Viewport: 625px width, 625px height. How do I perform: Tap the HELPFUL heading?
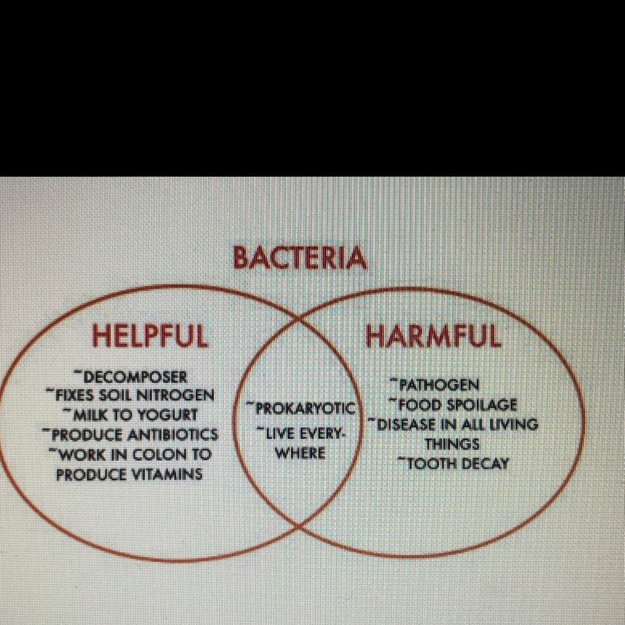click(150, 335)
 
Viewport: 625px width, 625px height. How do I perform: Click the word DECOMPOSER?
click(136, 377)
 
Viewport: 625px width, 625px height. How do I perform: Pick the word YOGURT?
click(167, 415)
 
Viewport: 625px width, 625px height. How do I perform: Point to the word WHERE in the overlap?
click(301, 453)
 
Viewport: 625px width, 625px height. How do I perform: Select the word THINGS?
click(452, 444)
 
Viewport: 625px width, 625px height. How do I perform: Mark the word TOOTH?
click(428, 463)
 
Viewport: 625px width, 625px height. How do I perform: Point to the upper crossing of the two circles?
click(298, 319)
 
